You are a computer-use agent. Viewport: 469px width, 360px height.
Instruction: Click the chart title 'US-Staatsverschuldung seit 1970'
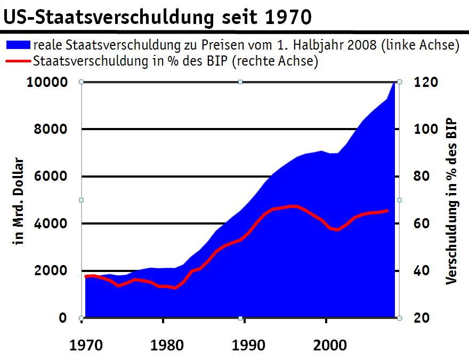tap(158, 17)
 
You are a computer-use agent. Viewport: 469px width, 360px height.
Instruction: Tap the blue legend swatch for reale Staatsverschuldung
tap(18, 45)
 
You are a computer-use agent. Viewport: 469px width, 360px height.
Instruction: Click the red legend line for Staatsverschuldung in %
tap(18, 61)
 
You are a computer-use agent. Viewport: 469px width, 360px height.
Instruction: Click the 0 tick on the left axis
tap(62, 318)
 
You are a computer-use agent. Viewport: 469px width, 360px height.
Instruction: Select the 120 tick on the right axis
tap(427, 82)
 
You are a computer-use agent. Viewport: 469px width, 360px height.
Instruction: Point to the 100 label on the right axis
tap(427, 129)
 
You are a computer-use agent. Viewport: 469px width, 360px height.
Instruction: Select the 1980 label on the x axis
tap(165, 345)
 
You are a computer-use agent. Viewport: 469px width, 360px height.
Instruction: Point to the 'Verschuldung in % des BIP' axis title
tap(452, 200)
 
